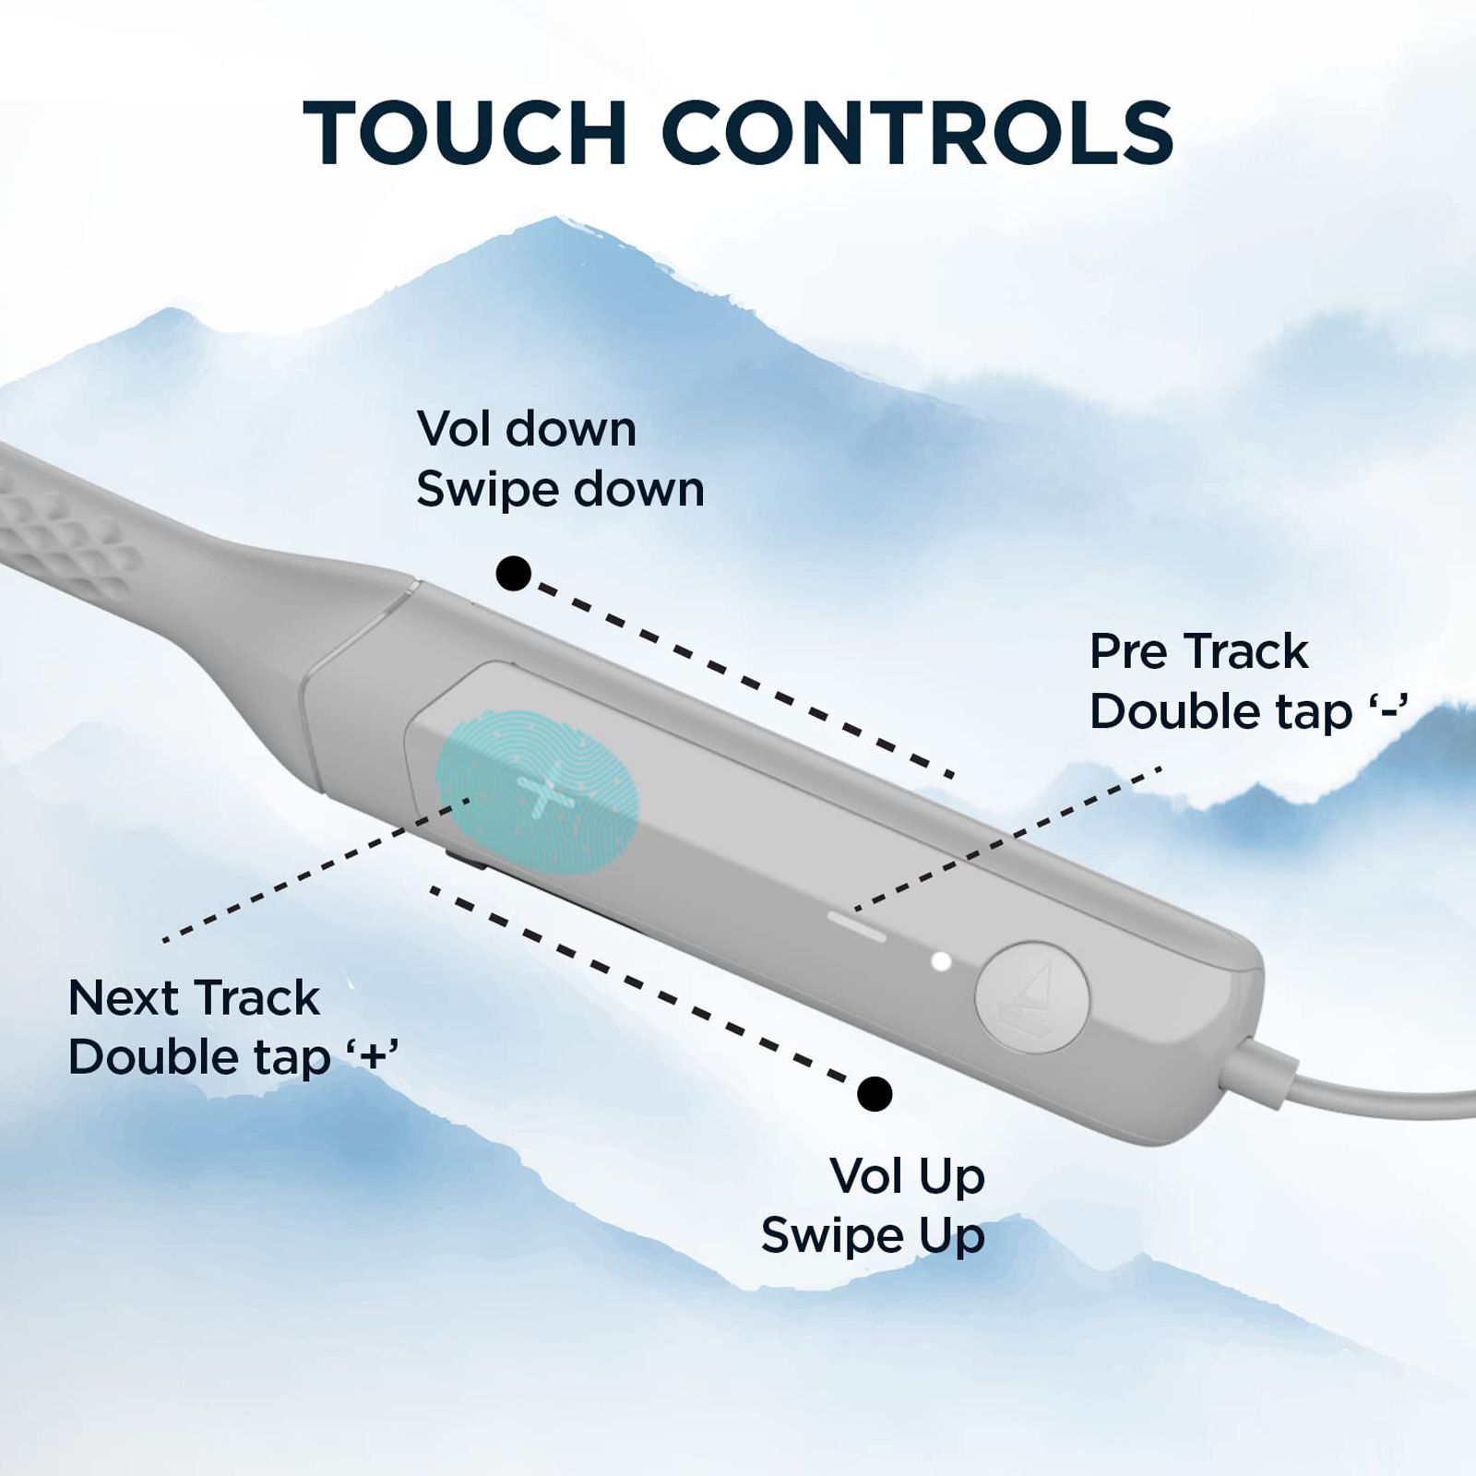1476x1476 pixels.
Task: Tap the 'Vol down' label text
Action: coord(527,429)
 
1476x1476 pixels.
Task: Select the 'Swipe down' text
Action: coord(560,489)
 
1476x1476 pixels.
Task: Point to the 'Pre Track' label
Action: coord(1198,651)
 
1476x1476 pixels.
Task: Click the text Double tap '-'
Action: coord(1249,711)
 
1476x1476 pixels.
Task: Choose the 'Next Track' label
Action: coord(194,998)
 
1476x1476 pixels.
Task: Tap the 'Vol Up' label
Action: coord(908,1176)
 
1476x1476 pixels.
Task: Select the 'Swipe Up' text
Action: coord(873,1236)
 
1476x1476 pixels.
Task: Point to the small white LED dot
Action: coord(941,961)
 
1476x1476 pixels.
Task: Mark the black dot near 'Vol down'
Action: coord(513,573)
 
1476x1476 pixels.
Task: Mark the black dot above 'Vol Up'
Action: coord(875,1094)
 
